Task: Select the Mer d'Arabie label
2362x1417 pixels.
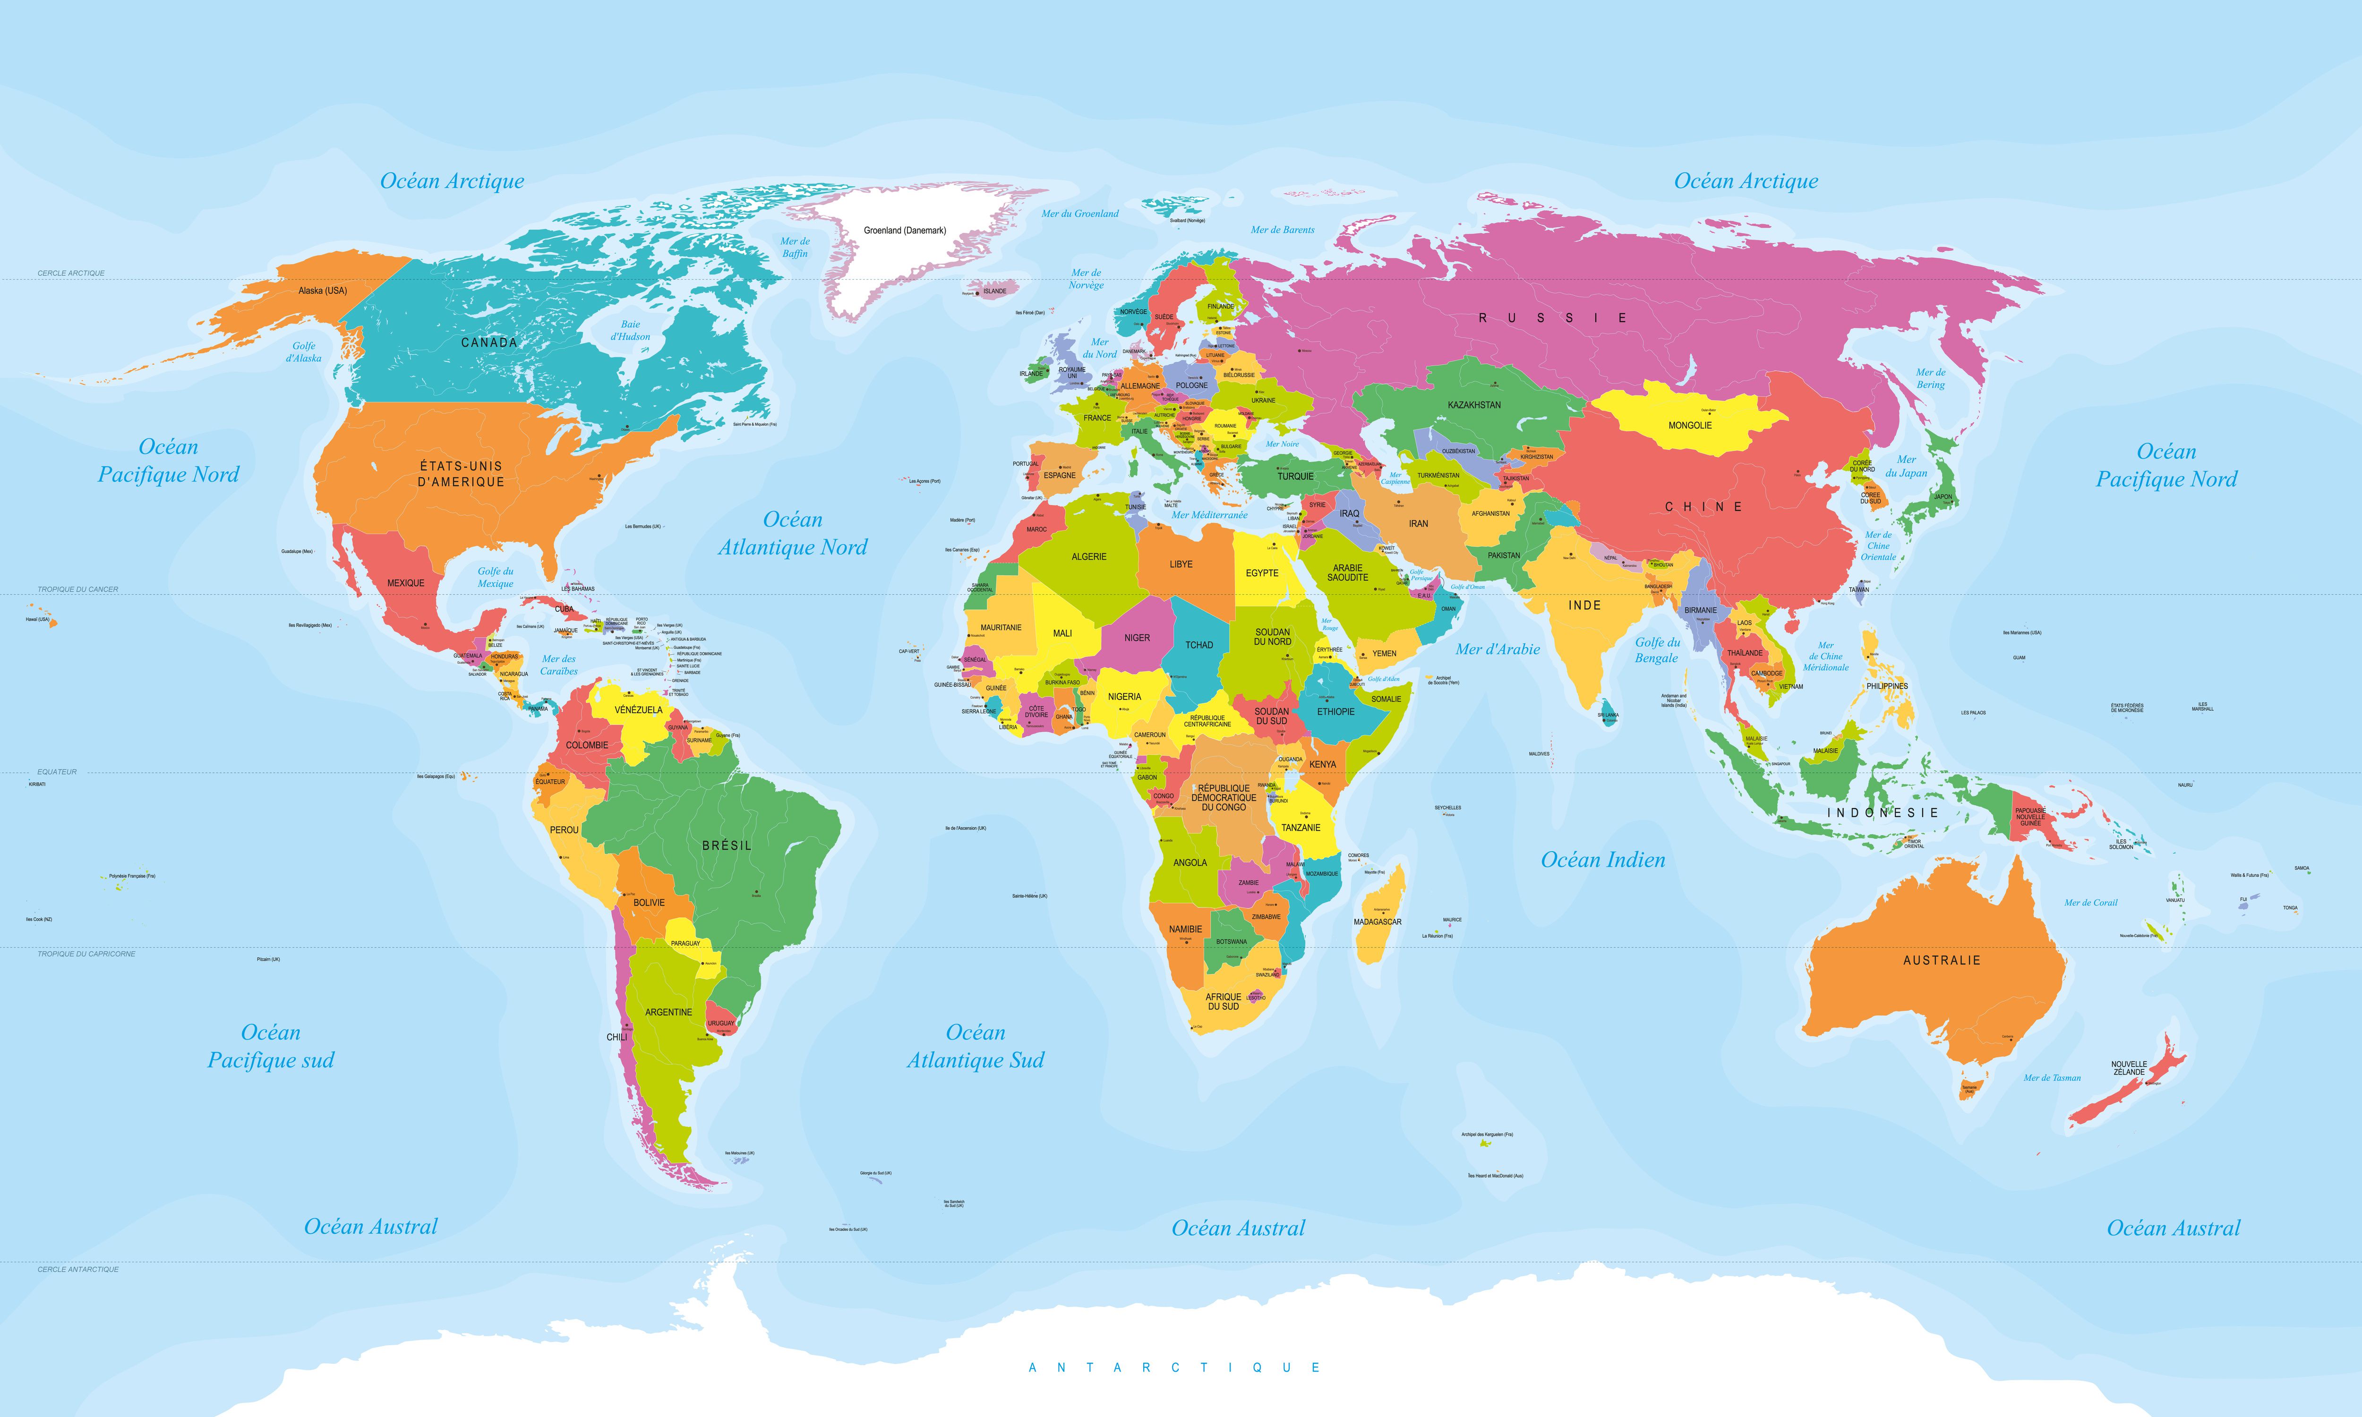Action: point(1497,649)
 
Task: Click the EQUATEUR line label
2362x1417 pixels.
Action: point(57,771)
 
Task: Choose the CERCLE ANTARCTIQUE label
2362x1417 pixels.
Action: point(78,1269)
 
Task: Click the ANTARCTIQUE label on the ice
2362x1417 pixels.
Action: point(1174,1367)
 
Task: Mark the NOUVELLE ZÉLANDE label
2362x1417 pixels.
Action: point(2129,1067)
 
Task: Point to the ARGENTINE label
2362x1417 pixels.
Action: point(668,1012)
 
